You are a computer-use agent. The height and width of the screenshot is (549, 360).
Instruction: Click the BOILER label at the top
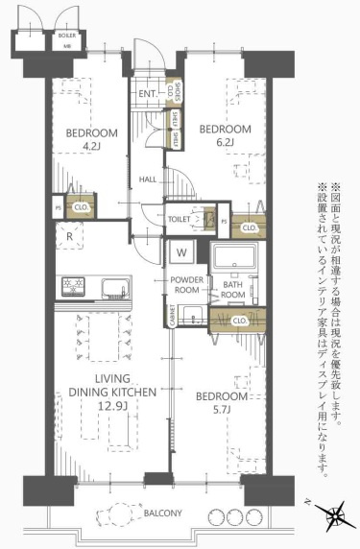coord(67,35)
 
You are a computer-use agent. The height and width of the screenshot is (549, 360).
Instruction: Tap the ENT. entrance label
coord(147,94)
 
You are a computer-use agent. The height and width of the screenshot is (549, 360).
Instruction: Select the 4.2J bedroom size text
coord(92,147)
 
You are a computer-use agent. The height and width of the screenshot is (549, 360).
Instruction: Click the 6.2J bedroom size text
coord(225,144)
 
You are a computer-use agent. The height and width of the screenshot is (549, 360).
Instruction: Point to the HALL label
coord(148,179)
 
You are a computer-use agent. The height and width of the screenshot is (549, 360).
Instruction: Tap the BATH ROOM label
coord(233,290)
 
